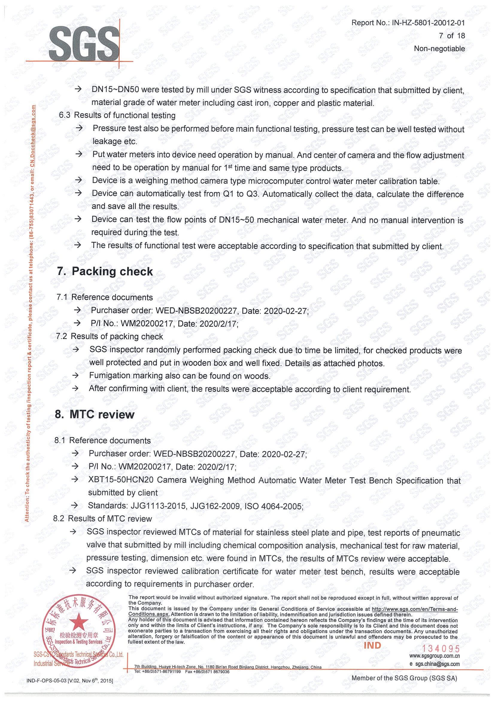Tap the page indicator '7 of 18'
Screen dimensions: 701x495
pyautogui.click(x=452, y=36)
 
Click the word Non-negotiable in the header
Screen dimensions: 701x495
pyautogui.click(x=439, y=49)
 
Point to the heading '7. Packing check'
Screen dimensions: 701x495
pyautogui.click(x=105, y=271)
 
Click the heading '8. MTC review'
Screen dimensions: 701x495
pyautogui.click(x=95, y=414)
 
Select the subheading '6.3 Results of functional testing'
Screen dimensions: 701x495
pyautogui.click(x=117, y=115)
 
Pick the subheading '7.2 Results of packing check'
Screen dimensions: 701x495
pyautogui.click(x=110, y=336)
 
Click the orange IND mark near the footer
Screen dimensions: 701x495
pyautogui.click(x=372, y=645)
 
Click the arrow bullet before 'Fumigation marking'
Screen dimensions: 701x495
pyautogui.click(x=75, y=376)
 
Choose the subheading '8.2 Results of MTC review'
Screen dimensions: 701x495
pyautogui.click(x=102, y=519)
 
